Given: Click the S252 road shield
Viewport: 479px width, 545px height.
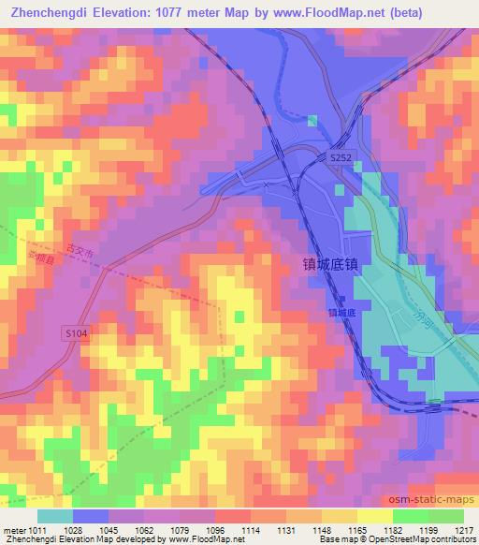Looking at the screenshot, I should pyautogui.click(x=341, y=161).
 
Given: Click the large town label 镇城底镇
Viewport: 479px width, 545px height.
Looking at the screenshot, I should pyautogui.click(x=331, y=266).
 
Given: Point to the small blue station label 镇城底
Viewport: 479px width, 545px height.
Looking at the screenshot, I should pyautogui.click(x=342, y=312).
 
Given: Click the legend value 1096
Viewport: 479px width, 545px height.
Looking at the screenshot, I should pyautogui.click(x=216, y=530).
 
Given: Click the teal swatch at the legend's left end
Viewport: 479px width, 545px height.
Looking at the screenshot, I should pyautogui.click(x=54, y=516).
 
